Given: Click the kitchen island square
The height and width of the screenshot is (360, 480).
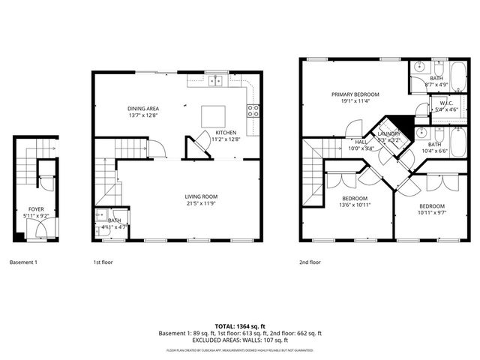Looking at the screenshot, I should (x=212, y=115).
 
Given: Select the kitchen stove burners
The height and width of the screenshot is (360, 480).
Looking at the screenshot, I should (x=254, y=111).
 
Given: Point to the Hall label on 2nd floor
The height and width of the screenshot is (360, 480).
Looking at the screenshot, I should (x=361, y=144).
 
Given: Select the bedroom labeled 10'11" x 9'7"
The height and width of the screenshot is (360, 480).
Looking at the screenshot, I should (x=431, y=209).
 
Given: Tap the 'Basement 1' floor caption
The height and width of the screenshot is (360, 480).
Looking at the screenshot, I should (x=22, y=262).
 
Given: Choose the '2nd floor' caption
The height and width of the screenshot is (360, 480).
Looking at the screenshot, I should (x=310, y=262).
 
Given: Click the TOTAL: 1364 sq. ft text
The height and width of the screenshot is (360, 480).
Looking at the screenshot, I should (x=240, y=326).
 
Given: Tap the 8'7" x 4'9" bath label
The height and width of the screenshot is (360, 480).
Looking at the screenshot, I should (x=437, y=82).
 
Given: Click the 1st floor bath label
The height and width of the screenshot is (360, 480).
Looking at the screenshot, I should (x=114, y=223).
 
